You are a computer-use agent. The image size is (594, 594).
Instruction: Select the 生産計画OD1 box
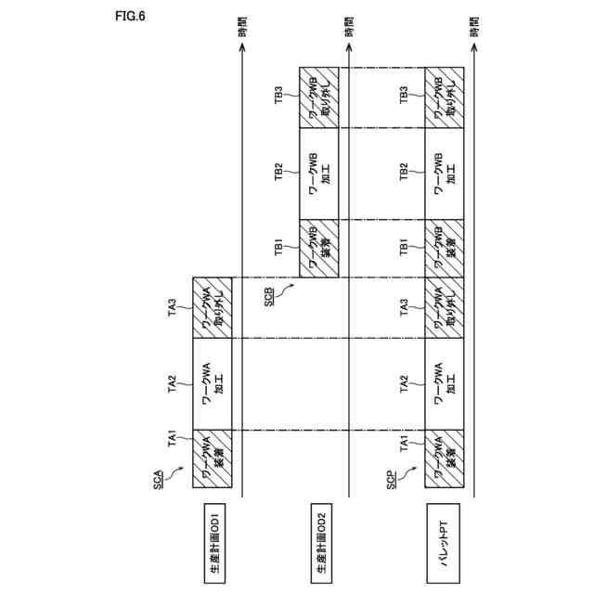pyautogui.click(x=214, y=542)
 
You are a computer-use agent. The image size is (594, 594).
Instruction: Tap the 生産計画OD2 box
pyautogui.click(x=321, y=542)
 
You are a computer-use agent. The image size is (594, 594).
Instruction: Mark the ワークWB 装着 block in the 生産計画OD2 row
pyautogui.click(x=321, y=248)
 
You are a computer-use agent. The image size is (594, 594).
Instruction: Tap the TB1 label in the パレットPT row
pyautogui.click(x=403, y=248)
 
